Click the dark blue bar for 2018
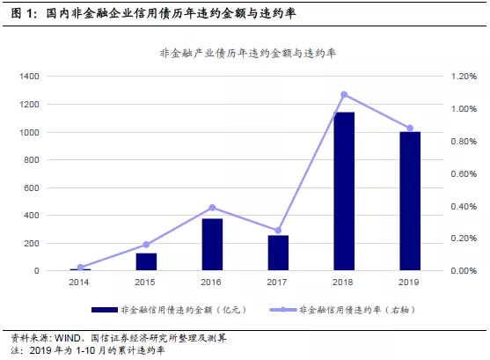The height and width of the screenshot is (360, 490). [344, 191]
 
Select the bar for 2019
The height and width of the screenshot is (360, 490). [410, 201]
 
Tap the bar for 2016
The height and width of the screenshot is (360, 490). [212, 245]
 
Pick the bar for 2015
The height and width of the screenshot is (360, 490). [146, 261]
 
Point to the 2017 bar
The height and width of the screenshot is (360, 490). [278, 253]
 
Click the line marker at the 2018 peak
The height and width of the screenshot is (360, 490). [344, 94]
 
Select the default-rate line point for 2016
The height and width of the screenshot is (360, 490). [212, 208]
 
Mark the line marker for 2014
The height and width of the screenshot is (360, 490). [80, 267]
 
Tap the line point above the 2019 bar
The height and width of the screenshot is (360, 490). [410, 129]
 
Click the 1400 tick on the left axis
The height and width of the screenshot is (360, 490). [29, 76]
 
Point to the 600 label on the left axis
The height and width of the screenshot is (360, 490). [32, 188]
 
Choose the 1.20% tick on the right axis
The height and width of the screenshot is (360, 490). [464, 77]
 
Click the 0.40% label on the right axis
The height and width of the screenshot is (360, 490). [464, 207]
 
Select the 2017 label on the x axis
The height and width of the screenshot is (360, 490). [277, 283]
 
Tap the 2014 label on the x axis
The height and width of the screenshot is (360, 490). [79, 283]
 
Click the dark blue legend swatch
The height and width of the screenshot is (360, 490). [105, 310]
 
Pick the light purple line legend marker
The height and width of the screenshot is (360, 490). [282, 310]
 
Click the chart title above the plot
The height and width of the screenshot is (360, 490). [248, 53]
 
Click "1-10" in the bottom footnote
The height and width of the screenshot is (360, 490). [85, 350]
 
